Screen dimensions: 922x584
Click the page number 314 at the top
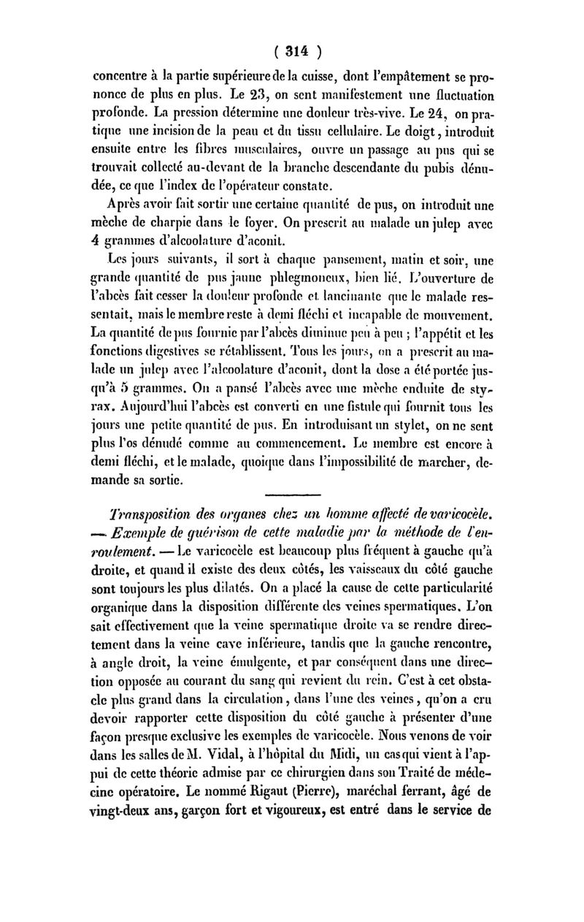pyautogui.click(x=292, y=51)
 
